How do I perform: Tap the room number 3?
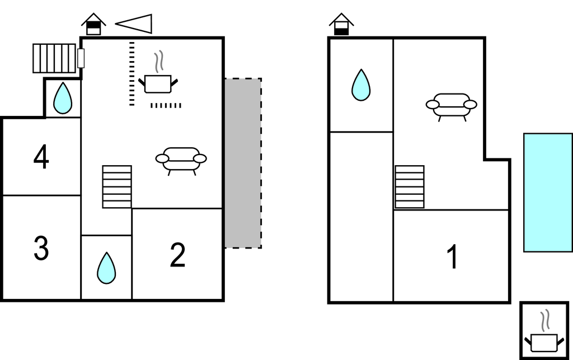click(x=41, y=249)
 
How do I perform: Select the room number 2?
click(x=177, y=255)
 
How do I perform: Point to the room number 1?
click(x=452, y=258)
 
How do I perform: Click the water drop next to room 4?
click(x=62, y=98)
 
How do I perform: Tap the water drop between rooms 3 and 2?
click(x=106, y=268)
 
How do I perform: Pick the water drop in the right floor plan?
click(x=361, y=85)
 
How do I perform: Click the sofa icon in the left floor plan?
click(x=181, y=159)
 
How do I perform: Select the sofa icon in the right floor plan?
click(x=452, y=105)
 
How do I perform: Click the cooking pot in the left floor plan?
click(x=158, y=81)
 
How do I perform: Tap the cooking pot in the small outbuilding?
click(x=543, y=338)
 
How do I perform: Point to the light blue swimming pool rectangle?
click(x=548, y=192)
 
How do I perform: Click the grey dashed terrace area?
click(x=243, y=163)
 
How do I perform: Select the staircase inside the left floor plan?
click(x=117, y=186)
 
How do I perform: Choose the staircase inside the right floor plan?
click(x=409, y=186)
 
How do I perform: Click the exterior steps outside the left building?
click(x=54, y=58)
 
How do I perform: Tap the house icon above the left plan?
click(x=93, y=24)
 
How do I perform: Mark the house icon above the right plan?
click(x=341, y=25)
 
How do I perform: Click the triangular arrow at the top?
click(x=135, y=23)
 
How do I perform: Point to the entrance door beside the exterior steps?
click(x=81, y=58)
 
